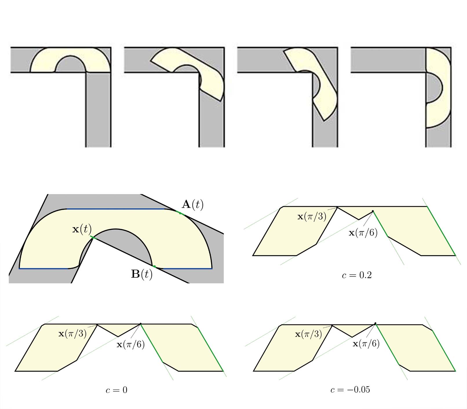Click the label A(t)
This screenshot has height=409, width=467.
[192, 204]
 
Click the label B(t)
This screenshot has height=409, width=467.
[142, 274]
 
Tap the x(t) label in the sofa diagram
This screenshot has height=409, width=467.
[82, 229]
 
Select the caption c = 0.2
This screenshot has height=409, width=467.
[357, 275]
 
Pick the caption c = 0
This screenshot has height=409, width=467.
[116, 390]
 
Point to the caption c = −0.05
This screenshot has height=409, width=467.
[350, 390]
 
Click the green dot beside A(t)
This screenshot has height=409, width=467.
[180, 213]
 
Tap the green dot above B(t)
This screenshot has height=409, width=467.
[154, 266]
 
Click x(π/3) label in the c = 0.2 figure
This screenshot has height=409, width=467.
[312, 216]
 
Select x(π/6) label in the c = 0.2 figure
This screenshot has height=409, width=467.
[363, 233]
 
